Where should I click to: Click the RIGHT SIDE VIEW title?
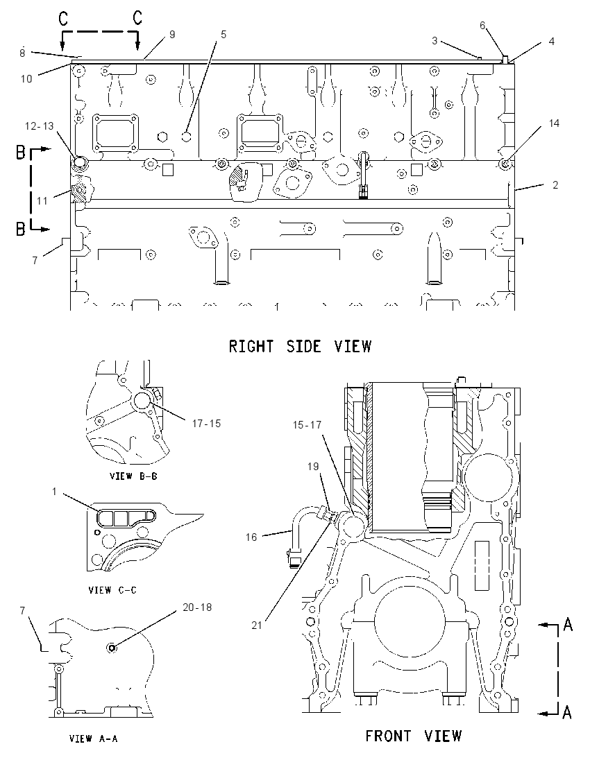(x=300, y=347)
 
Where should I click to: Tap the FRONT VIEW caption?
(x=414, y=736)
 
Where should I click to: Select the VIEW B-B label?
(x=133, y=476)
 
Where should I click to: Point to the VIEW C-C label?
(x=112, y=590)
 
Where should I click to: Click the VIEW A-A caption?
(x=94, y=739)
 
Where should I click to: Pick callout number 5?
(x=224, y=35)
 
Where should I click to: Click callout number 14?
(x=554, y=123)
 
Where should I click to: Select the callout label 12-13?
(x=40, y=126)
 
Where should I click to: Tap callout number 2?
(x=555, y=184)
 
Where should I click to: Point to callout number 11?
(x=42, y=200)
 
